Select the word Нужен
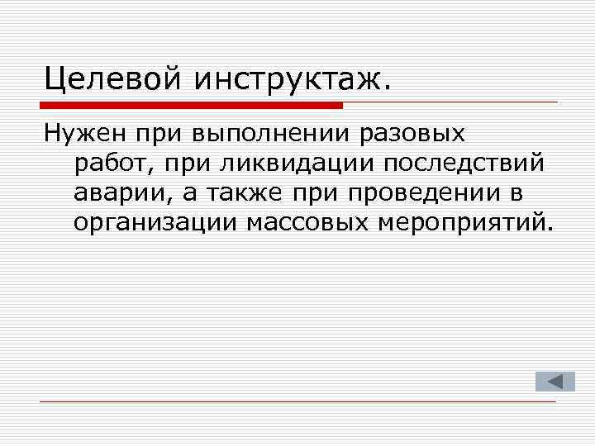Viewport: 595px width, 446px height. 79,133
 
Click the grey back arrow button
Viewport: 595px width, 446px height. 549,381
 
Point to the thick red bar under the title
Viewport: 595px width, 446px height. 191,105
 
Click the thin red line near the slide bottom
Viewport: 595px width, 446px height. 297,401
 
